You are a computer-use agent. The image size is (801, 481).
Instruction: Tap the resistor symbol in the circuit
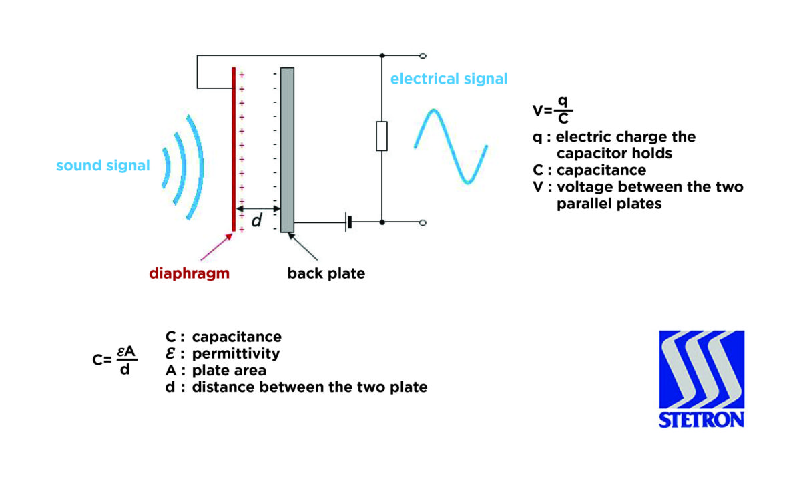coord(382,136)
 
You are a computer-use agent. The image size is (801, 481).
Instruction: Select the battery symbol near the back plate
coord(348,222)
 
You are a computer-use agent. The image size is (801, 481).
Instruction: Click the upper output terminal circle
coord(423,56)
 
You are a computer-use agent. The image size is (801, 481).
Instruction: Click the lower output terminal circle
coord(423,222)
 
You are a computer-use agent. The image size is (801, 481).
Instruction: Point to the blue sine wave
coord(451,146)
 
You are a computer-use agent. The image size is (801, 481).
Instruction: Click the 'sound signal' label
coord(103,166)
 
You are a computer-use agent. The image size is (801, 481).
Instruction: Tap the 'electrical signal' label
coord(449,79)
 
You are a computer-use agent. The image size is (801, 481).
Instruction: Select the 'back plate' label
coord(326,273)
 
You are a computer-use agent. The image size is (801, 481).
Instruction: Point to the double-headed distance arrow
coord(258,208)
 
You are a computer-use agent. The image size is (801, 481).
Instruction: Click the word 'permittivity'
coord(236,353)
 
